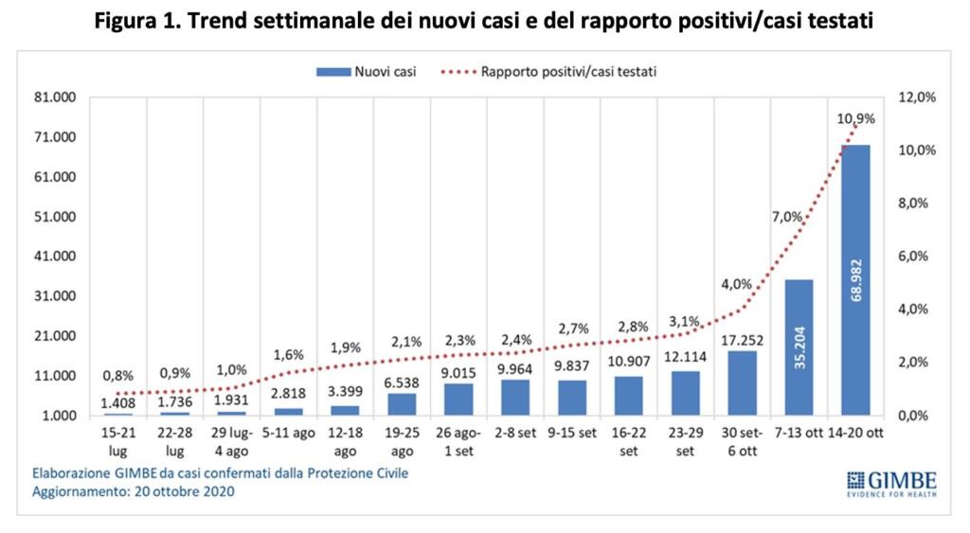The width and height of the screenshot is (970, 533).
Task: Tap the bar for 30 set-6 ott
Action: coord(742,383)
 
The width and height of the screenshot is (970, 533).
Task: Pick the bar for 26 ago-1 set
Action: coord(458,400)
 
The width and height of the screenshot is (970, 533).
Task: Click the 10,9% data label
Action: coord(855,119)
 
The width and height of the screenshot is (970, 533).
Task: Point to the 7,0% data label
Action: coord(786,217)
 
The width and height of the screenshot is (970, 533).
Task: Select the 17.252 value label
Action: coord(742,339)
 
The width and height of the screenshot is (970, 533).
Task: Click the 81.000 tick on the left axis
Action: coord(58,98)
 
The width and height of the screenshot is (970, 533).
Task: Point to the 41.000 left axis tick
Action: coord(58,257)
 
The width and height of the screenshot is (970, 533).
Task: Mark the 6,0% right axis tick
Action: coord(916,257)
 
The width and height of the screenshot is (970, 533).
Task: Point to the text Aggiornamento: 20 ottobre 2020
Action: coord(133,492)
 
